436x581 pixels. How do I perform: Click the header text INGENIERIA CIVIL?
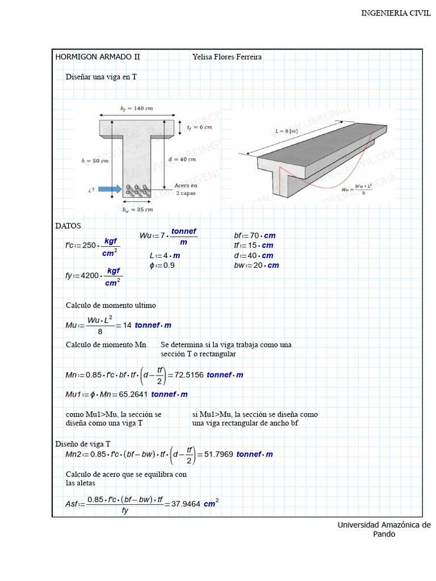click(x=396, y=14)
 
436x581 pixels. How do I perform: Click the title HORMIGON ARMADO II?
click(x=97, y=57)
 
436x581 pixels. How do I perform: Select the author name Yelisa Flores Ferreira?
click(x=227, y=57)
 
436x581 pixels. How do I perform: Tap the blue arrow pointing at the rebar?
click(x=110, y=189)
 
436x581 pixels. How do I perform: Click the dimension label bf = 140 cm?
click(x=136, y=108)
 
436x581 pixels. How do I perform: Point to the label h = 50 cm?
click(x=94, y=161)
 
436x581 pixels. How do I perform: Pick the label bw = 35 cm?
click(x=137, y=209)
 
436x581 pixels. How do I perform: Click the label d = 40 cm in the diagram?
click(x=182, y=159)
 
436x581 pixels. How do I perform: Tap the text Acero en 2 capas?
click(x=186, y=189)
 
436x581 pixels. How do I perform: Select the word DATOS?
click(x=68, y=226)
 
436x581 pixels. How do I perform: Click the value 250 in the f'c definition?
click(x=89, y=246)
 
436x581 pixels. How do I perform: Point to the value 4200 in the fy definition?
click(x=90, y=276)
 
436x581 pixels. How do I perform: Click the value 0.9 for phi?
click(x=169, y=265)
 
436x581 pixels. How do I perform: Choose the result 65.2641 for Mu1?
click(x=133, y=394)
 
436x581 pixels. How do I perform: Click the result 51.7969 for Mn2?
click(x=217, y=454)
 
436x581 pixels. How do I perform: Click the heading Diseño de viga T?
click(x=83, y=444)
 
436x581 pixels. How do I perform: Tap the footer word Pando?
click(x=384, y=534)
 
